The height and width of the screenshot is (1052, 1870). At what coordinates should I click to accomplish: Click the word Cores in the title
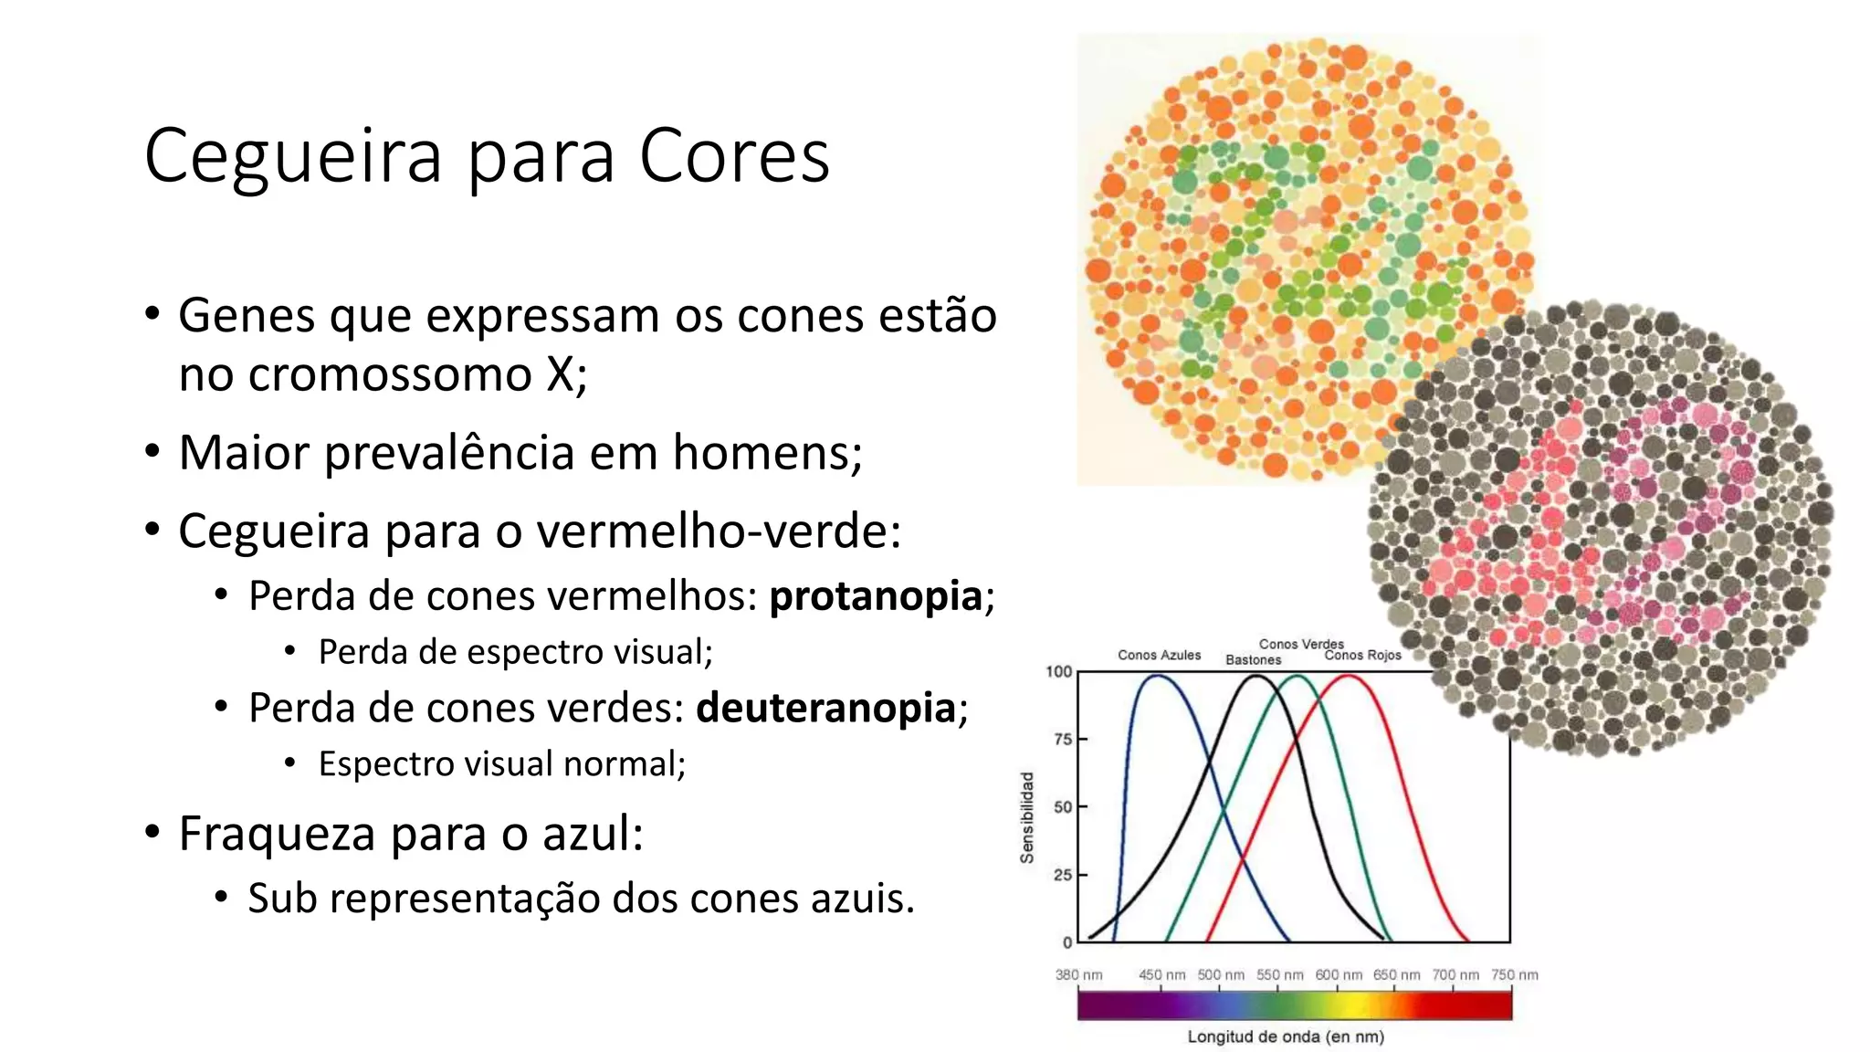tap(733, 155)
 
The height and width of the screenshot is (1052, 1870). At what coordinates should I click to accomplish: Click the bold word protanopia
tap(875, 596)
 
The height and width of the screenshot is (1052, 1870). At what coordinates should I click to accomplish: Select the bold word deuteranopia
tap(825, 708)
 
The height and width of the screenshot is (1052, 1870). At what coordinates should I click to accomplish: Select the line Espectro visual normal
tap(501, 764)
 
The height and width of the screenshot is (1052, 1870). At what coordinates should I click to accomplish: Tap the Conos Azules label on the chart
tap(1159, 655)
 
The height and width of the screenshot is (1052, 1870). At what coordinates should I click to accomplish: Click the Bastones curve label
tap(1253, 660)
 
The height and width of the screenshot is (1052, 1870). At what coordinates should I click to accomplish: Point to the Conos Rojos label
tap(1362, 655)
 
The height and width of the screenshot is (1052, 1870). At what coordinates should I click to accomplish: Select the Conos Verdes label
tap(1301, 644)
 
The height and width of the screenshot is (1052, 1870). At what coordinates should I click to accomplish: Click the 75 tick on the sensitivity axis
tap(1062, 739)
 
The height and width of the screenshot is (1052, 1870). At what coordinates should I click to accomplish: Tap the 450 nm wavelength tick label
tap(1161, 974)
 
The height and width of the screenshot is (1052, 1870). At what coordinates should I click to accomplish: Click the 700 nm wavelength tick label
tap(1455, 974)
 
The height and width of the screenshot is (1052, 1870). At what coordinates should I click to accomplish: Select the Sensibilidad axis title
tap(1027, 817)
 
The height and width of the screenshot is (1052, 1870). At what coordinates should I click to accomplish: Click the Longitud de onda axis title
tap(1286, 1036)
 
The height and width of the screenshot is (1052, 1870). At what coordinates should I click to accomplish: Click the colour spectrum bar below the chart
tap(1294, 1005)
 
